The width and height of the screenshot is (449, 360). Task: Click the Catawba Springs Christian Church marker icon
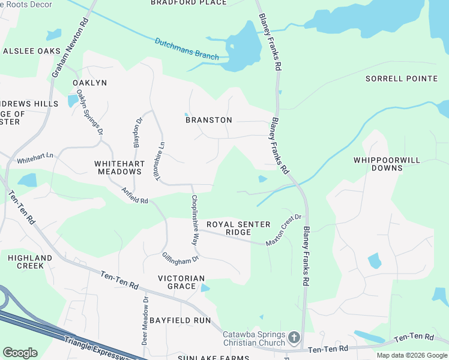(294, 338)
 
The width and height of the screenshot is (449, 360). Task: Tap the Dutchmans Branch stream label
(187, 49)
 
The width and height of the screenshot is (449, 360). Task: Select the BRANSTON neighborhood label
(208, 120)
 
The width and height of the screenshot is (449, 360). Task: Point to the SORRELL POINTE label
(402, 79)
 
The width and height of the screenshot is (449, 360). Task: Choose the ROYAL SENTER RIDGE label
(238, 228)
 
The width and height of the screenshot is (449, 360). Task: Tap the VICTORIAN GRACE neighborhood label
(181, 282)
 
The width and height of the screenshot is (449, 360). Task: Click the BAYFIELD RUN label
(180, 320)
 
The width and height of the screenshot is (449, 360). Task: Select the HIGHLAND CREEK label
(26, 262)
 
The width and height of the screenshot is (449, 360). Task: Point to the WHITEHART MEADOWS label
(118, 167)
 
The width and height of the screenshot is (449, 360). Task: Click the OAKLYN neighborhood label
(89, 82)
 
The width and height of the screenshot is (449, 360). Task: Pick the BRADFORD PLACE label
(188, 2)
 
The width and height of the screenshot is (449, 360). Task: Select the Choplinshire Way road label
(194, 220)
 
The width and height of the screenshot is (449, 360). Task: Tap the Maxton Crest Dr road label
(283, 229)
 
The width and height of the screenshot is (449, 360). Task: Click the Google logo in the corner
(20, 352)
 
